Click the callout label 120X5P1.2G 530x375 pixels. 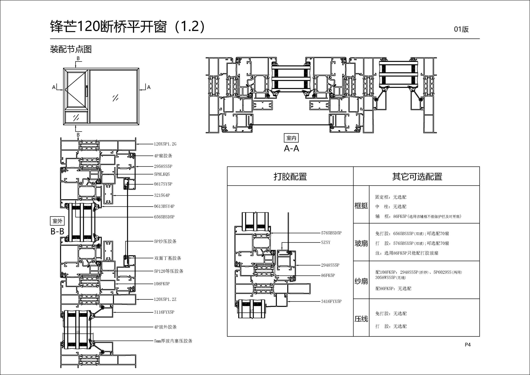click(x=165, y=144)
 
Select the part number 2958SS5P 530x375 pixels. click(x=163, y=166)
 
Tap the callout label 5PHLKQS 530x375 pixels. click(x=162, y=174)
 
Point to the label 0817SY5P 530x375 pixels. click(x=163, y=184)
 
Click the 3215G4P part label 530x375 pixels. click(x=162, y=195)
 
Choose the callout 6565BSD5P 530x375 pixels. click(x=164, y=217)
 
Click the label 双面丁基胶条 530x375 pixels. click(x=168, y=258)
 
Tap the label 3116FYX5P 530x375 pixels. click(x=164, y=312)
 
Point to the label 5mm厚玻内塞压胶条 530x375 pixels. click(x=173, y=341)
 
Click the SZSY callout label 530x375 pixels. click(x=325, y=242)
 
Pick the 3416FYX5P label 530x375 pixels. click(x=331, y=301)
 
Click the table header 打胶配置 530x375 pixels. click(x=290, y=176)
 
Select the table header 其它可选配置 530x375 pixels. click(x=417, y=176)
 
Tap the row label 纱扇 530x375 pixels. click(x=361, y=281)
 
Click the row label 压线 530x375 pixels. click(x=361, y=319)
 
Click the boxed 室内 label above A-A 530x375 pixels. click(x=291, y=138)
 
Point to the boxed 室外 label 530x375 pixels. click(x=57, y=221)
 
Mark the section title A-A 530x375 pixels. click(x=291, y=149)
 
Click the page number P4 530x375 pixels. click(x=468, y=345)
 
